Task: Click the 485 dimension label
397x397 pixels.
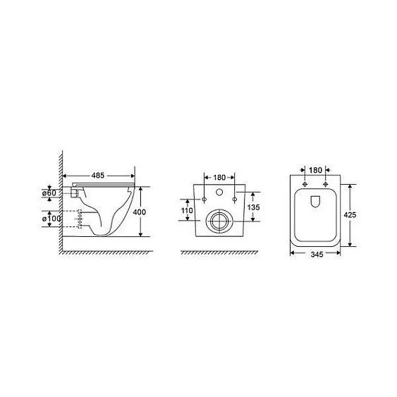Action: click(x=98, y=175)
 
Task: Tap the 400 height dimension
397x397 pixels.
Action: click(x=140, y=212)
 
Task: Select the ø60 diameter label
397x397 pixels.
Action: click(x=49, y=193)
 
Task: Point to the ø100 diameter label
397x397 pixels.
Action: click(x=51, y=218)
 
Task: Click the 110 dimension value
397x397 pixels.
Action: click(x=187, y=210)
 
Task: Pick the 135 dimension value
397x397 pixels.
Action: click(x=253, y=207)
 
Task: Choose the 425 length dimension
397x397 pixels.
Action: click(x=350, y=215)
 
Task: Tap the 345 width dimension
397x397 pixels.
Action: click(x=317, y=254)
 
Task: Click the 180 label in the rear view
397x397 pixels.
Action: click(x=219, y=178)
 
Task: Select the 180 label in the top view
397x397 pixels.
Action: click(x=315, y=170)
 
